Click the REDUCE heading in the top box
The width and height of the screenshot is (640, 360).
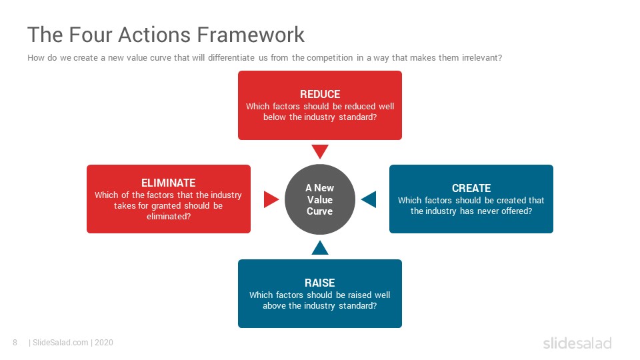pos(320,94)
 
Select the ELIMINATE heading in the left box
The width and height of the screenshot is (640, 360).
pos(169,183)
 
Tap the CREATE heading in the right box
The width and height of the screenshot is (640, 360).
pos(471,188)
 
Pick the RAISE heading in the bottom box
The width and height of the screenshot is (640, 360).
pos(319,283)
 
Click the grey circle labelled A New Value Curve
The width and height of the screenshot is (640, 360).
pos(320,199)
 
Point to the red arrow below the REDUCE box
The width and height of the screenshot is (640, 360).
pos(320,151)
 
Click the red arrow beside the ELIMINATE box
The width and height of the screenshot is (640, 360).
pos(271,199)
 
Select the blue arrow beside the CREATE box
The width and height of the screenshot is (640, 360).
pos(369,199)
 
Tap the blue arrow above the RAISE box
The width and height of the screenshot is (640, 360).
pos(320,248)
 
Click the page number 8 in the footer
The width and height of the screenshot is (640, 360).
pos(15,343)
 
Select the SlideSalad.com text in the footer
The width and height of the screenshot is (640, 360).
pos(61,343)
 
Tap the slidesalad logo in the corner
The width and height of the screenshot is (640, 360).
pos(577,343)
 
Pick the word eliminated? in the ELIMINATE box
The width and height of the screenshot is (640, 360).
pos(169,216)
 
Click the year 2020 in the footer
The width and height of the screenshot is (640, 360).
pos(104,343)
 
